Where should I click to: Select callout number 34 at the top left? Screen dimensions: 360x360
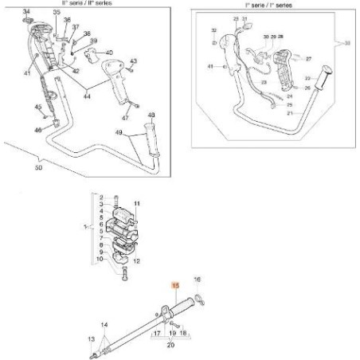click(x=25, y=11)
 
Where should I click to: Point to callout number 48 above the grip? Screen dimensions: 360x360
click(x=153, y=115)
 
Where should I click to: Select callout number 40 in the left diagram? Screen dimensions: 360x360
click(x=109, y=53)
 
